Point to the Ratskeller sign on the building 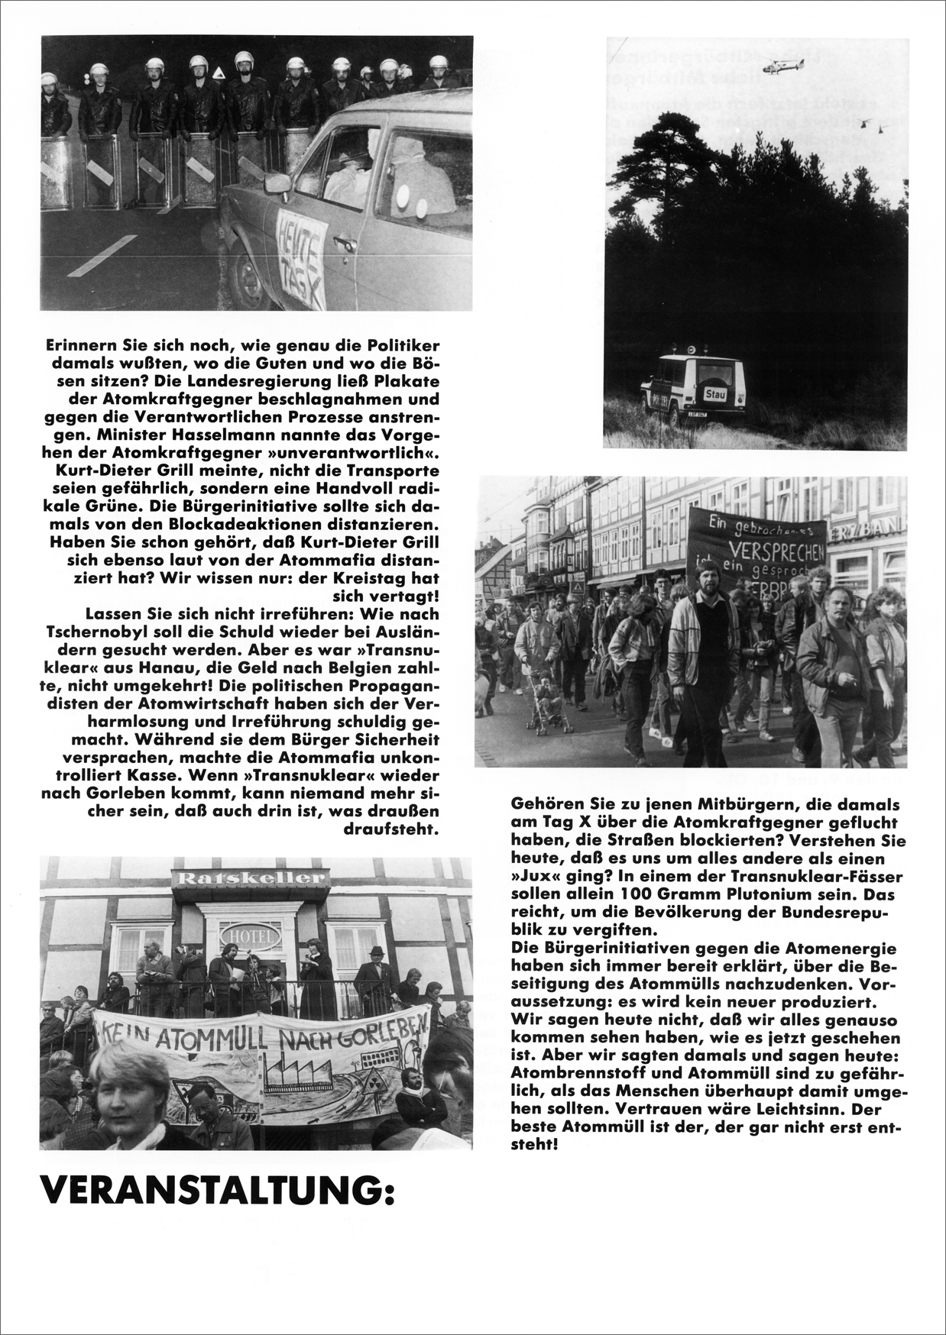click(241, 878)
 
